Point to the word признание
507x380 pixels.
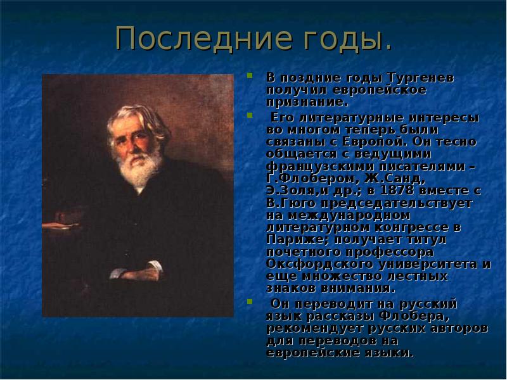[x=307, y=101]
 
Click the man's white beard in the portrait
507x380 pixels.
[x=136, y=168]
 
